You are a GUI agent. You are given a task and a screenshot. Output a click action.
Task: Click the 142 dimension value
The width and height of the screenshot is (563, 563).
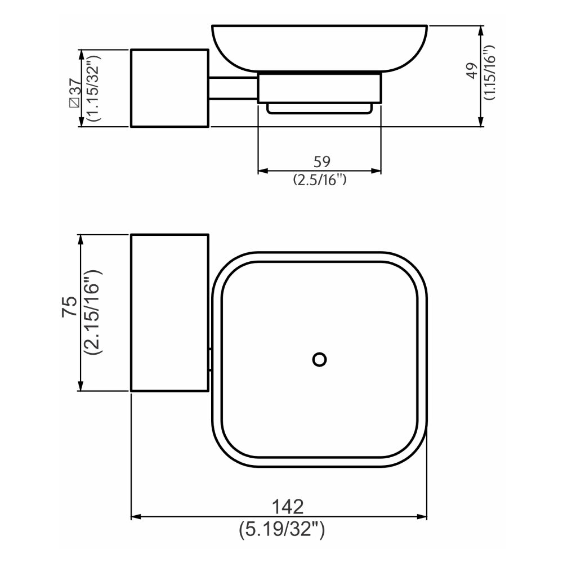[x=288, y=507]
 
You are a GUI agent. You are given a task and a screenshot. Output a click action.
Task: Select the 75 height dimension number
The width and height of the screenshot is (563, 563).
[x=70, y=306]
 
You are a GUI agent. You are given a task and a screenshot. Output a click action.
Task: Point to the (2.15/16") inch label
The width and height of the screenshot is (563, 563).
[x=93, y=312]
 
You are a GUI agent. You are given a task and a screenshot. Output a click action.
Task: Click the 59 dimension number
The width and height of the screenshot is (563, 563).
[x=321, y=162]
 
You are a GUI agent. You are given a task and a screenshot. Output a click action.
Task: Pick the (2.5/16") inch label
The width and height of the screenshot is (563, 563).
[x=320, y=179]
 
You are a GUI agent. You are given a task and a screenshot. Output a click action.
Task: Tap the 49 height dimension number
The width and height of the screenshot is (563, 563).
[x=472, y=70]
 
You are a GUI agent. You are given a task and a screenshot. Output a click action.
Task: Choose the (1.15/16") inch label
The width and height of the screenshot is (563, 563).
[x=489, y=73]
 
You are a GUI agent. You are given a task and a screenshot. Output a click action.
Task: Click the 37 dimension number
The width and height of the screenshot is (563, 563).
[x=76, y=87]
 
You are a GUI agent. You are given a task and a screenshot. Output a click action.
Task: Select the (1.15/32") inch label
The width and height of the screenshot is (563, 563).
[x=94, y=88]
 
